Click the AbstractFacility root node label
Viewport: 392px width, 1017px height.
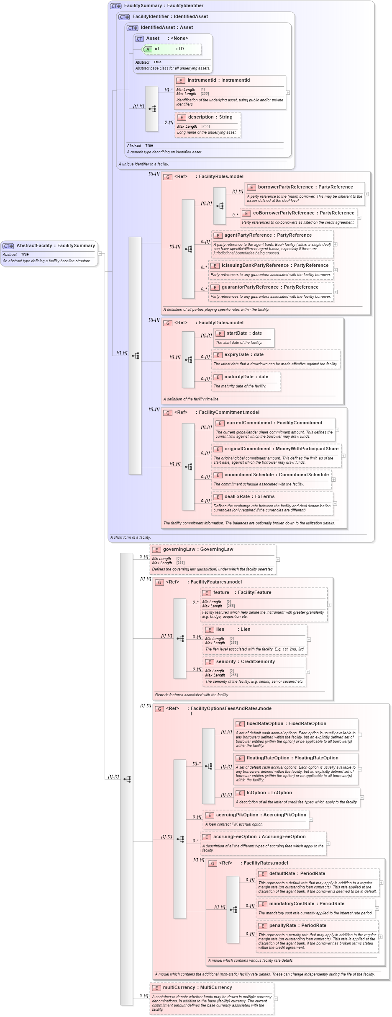click(34, 246)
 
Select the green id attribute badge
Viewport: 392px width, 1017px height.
click(148, 49)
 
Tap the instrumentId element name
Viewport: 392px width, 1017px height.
click(202, 80)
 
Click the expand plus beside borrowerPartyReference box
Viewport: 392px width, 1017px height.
click(367, 194)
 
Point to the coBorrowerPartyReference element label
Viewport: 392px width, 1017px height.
click(284, 213)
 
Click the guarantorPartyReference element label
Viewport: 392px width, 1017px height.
click(249, 287)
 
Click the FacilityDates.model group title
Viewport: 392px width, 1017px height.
click(221, 323)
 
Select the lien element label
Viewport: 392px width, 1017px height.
click(220, 630)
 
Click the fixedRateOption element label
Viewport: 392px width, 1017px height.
click(265, 724)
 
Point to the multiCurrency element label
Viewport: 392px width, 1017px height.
click(179, 988)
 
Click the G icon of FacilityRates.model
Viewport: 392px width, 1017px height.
click(213, 863)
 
